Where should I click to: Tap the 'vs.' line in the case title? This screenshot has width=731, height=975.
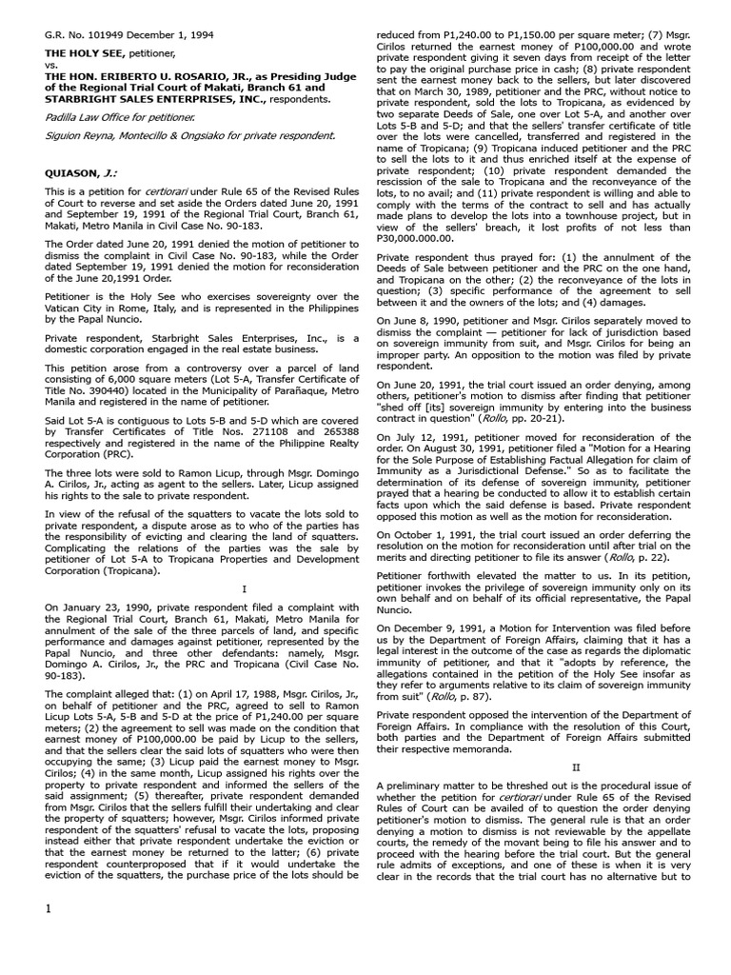point(52,66)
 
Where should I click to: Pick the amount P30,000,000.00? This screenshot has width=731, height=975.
point(416,238)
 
